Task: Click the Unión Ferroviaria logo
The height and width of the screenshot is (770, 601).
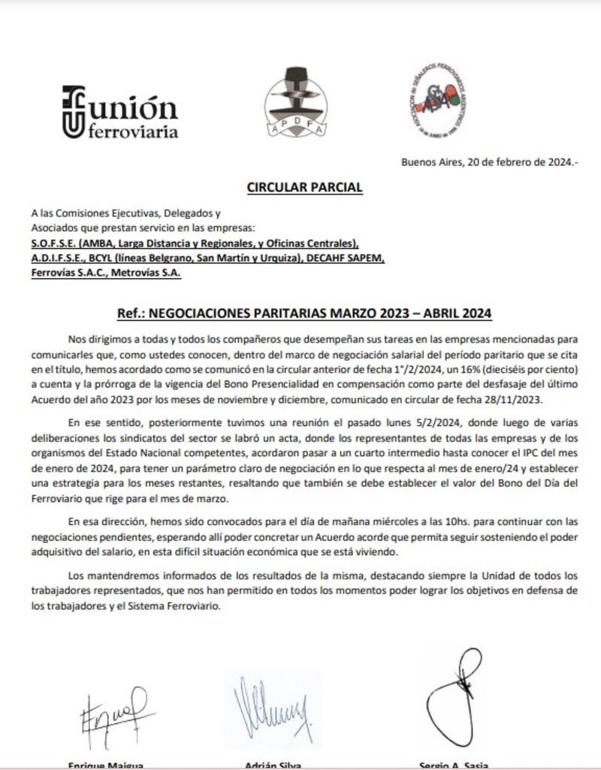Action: point(120,113)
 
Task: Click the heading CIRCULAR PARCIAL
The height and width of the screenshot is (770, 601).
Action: point(305,187)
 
